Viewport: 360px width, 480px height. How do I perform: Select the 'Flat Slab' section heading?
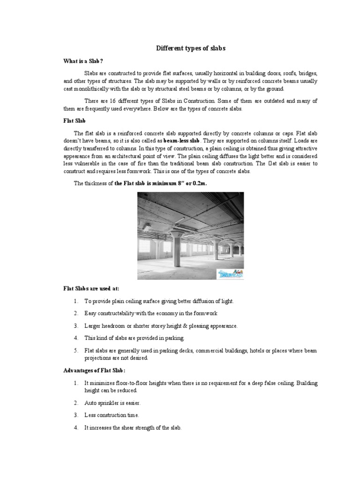pos(74,120)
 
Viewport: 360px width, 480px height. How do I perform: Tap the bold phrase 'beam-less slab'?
pos(181,141)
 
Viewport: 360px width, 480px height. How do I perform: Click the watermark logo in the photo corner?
pos(230,274)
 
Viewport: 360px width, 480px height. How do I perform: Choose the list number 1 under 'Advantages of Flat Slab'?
pos(75,383)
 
